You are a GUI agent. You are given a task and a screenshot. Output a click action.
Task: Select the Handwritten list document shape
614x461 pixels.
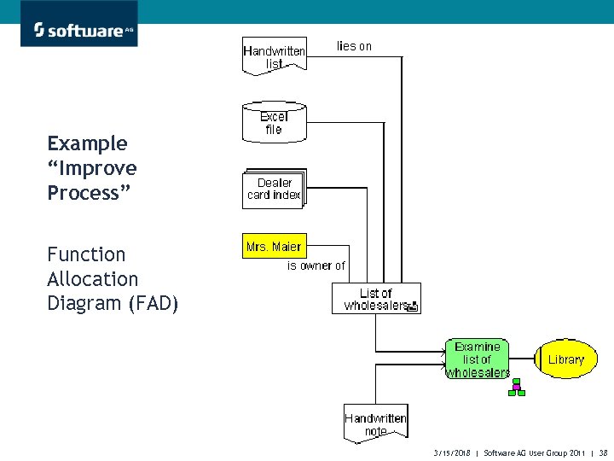[x=274, y=56]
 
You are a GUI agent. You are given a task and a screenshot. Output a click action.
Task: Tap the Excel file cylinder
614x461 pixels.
[x=273, y=123]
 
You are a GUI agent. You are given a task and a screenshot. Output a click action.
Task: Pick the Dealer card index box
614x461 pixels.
[x=274, y=189]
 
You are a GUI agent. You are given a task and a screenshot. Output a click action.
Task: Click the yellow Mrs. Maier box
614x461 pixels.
[x=273, y=247]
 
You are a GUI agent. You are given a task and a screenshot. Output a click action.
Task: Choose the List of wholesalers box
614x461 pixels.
[x=376, y=299]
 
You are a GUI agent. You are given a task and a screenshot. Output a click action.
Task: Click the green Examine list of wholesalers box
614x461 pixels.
[x=477, y=359]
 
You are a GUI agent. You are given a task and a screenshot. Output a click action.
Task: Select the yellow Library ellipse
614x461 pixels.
[x=565, y=359]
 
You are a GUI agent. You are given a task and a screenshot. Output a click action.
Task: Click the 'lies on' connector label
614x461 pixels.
[x=354, y=46]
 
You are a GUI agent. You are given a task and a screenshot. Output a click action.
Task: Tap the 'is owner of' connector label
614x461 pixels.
[x=316, y=266]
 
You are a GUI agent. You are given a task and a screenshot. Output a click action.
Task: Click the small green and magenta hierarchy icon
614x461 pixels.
[x=516, y=388]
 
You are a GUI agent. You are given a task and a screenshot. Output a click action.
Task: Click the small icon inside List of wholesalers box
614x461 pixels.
[x=411, y=306]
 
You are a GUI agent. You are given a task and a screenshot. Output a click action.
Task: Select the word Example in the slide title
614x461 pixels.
[x=87, y=143]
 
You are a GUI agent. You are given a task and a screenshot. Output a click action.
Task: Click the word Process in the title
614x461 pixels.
[x=89, y=193]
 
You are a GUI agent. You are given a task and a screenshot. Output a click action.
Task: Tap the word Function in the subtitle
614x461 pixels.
[x=86, y=254]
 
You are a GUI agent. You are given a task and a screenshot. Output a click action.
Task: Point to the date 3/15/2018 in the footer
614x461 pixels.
[x=452, y=452]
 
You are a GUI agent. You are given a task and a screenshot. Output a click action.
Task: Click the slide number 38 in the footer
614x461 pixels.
[x=603, y=452]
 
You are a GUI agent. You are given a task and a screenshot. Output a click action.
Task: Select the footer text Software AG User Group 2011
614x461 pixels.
[x=532, y=452]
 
